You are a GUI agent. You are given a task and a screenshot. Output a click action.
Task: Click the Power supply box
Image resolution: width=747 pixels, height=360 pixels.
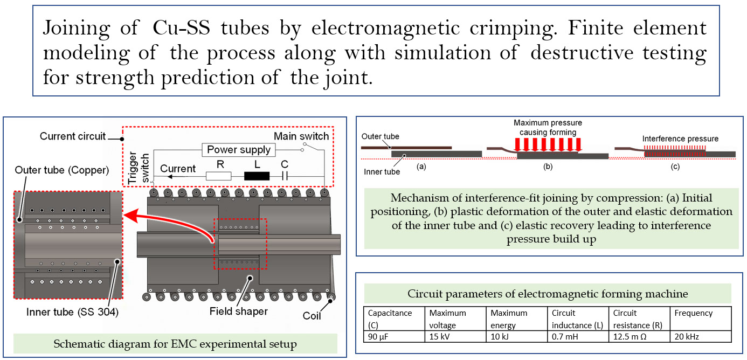239,150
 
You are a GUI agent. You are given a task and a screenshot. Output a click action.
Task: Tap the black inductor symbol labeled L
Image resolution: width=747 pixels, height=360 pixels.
257,176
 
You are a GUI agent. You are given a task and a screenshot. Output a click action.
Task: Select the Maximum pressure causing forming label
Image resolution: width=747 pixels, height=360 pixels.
547,127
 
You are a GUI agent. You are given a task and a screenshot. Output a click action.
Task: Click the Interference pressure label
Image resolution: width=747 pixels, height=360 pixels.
680,139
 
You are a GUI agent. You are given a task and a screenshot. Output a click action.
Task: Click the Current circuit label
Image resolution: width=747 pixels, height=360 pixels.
73,136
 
